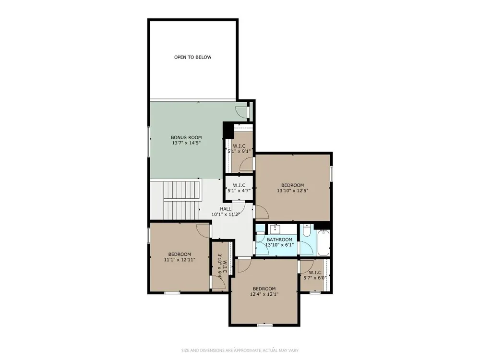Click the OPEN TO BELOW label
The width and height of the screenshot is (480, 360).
pyautogui.click(x=192, y=57)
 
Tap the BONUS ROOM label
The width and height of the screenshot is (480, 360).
pyautogui.click(x=186, y=137)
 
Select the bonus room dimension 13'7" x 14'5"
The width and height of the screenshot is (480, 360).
pyautogui.click(x=186, y=143)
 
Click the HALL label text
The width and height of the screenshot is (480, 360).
pyautogui.click(x=226, y=209)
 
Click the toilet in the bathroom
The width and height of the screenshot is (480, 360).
pyautogui.click(x=307, y=231)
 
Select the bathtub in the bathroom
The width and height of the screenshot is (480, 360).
pyautogui.click(x=324, y=243)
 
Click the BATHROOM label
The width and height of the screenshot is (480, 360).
pyautogui.click(x=279, y=240)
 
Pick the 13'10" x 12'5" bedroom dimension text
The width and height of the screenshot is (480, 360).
pyautogui.click(x=292, y=191)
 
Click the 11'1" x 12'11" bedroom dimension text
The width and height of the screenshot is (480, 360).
pyautogui.click(x=180, y=260)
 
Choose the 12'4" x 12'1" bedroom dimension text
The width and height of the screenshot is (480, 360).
pyautogui.click(x=264, y=294)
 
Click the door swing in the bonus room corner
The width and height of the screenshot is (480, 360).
pyautogui.click(x=241, y=112)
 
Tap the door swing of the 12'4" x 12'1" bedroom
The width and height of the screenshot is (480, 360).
pyautogui.click(x=245, y=266)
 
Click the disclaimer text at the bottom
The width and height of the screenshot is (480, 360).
pyautogui.click(x=240, y=350)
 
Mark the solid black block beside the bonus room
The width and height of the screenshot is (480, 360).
pyautogui.click(x=228, y=131)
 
